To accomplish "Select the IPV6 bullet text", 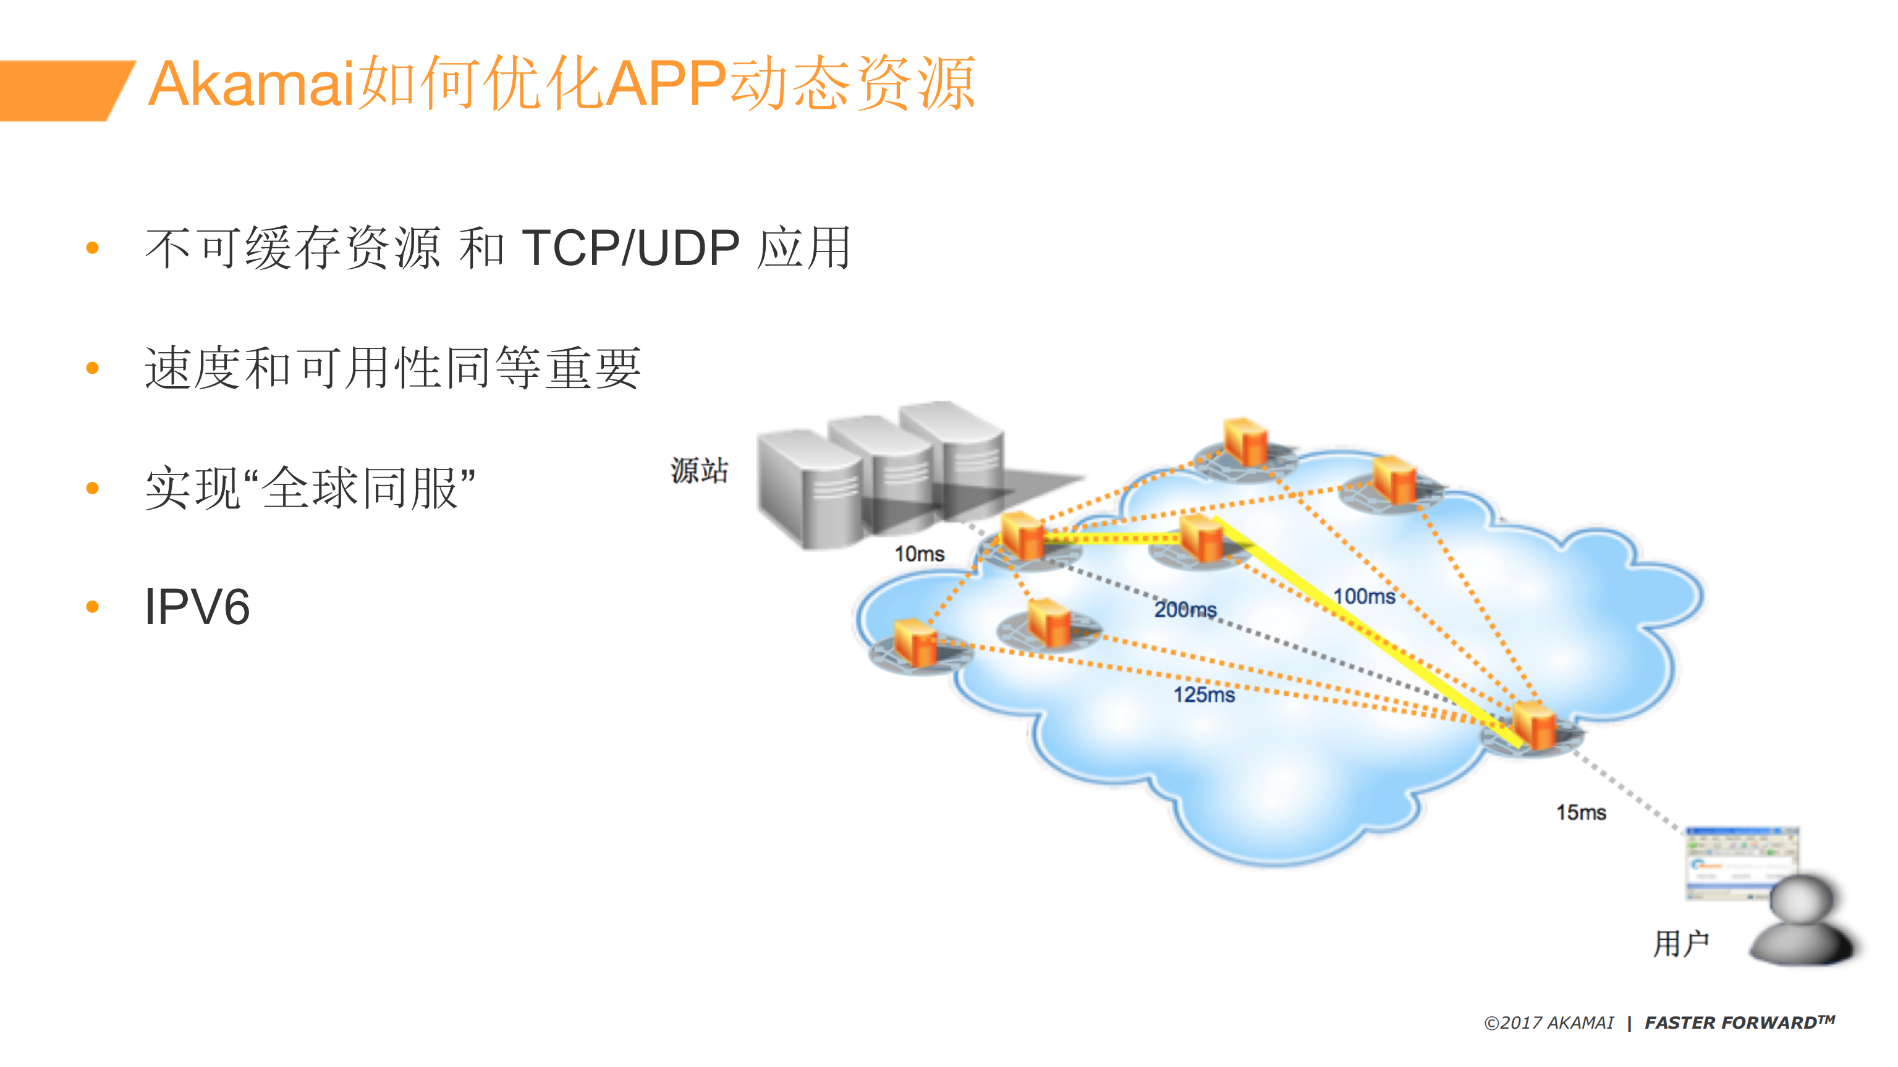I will (197, 607).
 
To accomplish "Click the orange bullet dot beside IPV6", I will (93, 607).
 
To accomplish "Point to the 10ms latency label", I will (919, 554).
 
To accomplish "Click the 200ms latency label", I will (1185, 610).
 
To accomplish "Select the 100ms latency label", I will (1364, 596).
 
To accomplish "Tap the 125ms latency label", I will (1204, 694).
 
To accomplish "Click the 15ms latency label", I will (1580, 812).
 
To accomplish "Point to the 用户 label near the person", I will (1680, 943).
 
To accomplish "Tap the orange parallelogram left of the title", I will (62, 90).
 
